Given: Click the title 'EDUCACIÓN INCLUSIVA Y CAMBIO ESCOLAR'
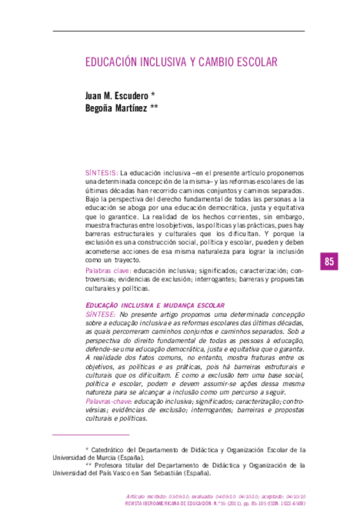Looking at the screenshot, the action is pyautogui.click(x=181, y=62).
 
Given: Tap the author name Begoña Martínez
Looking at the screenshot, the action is pyautogui.click(x=115, y=107).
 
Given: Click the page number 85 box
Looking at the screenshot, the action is pyautogui.click(x=329, y=261).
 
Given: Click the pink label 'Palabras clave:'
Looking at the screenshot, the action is pyautogui.click(x=108, y=271).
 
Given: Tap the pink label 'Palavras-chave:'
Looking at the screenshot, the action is pyautogui.click(x=108, y=401).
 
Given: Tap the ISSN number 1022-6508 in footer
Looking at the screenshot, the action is pyautogui.click(x=293, y=504).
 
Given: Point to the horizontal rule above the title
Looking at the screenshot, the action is pyautogui.click(x=179, y=31).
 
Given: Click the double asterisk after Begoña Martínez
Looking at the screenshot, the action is pyautogui.click(x=154, y=107).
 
